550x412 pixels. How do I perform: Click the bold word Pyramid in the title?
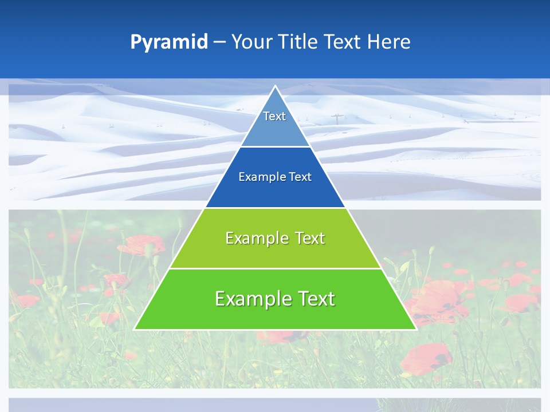(x=168, y=42)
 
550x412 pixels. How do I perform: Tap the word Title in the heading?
(x=298, y=42)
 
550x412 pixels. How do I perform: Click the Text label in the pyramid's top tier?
(x=274, y=116)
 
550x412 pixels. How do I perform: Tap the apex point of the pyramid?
(x=276, y=86)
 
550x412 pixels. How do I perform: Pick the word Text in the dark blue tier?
(x=300, y=177)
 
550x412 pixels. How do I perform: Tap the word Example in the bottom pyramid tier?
(x=252, y=299)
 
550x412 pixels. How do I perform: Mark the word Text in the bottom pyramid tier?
(x=316, y=299)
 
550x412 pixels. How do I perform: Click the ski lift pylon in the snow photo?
(x=336, y=119)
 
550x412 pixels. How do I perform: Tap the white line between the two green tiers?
(x=276, y=268)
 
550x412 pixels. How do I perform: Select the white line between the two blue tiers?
(x=276, y=146)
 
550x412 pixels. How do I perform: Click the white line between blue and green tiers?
(x=276, y=208)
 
